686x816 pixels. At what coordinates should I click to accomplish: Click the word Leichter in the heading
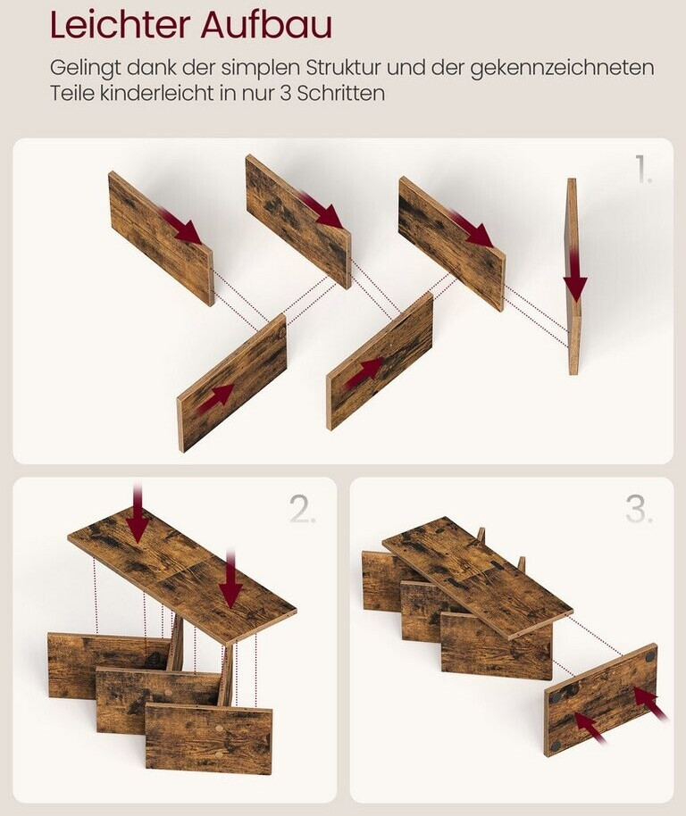tap(120, 24)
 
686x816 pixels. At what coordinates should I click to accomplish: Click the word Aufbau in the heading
tap(266, 24)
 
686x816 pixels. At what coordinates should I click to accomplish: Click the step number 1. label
tap(643, 169)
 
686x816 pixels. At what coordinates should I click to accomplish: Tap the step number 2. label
tap(303, 509)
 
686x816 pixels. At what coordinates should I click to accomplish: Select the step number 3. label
tap(640, 509)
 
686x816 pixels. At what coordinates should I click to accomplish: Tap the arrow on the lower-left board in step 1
tap(214, 398)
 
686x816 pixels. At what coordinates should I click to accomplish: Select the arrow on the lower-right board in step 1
tap(364, 371)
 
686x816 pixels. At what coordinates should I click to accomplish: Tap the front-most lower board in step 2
tap(208, 738)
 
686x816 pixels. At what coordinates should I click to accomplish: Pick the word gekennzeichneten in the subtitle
tap(562, 69)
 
